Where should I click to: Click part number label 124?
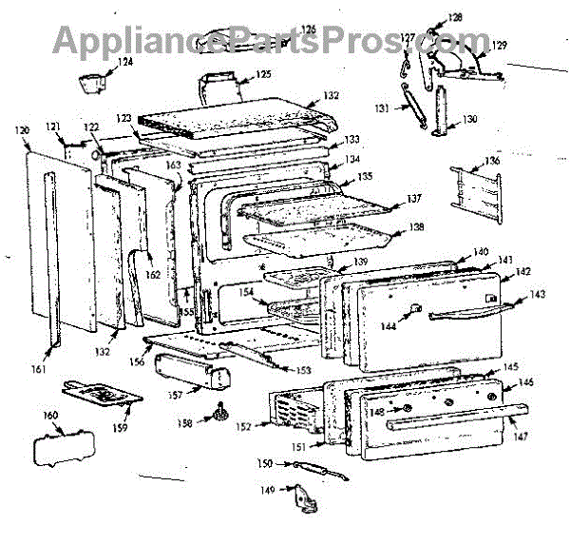pos(125,63)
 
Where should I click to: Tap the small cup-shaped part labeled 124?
pos(92,81)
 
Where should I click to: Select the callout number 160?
pos(50,416)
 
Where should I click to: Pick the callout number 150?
pos(267,463)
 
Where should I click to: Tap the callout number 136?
pos(491,161)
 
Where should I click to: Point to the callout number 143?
pos(539,295)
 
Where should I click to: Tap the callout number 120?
pos(23,128)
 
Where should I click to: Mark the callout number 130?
pos(469,120)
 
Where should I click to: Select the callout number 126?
pos(308,29)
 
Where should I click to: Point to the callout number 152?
pos(244,427)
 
